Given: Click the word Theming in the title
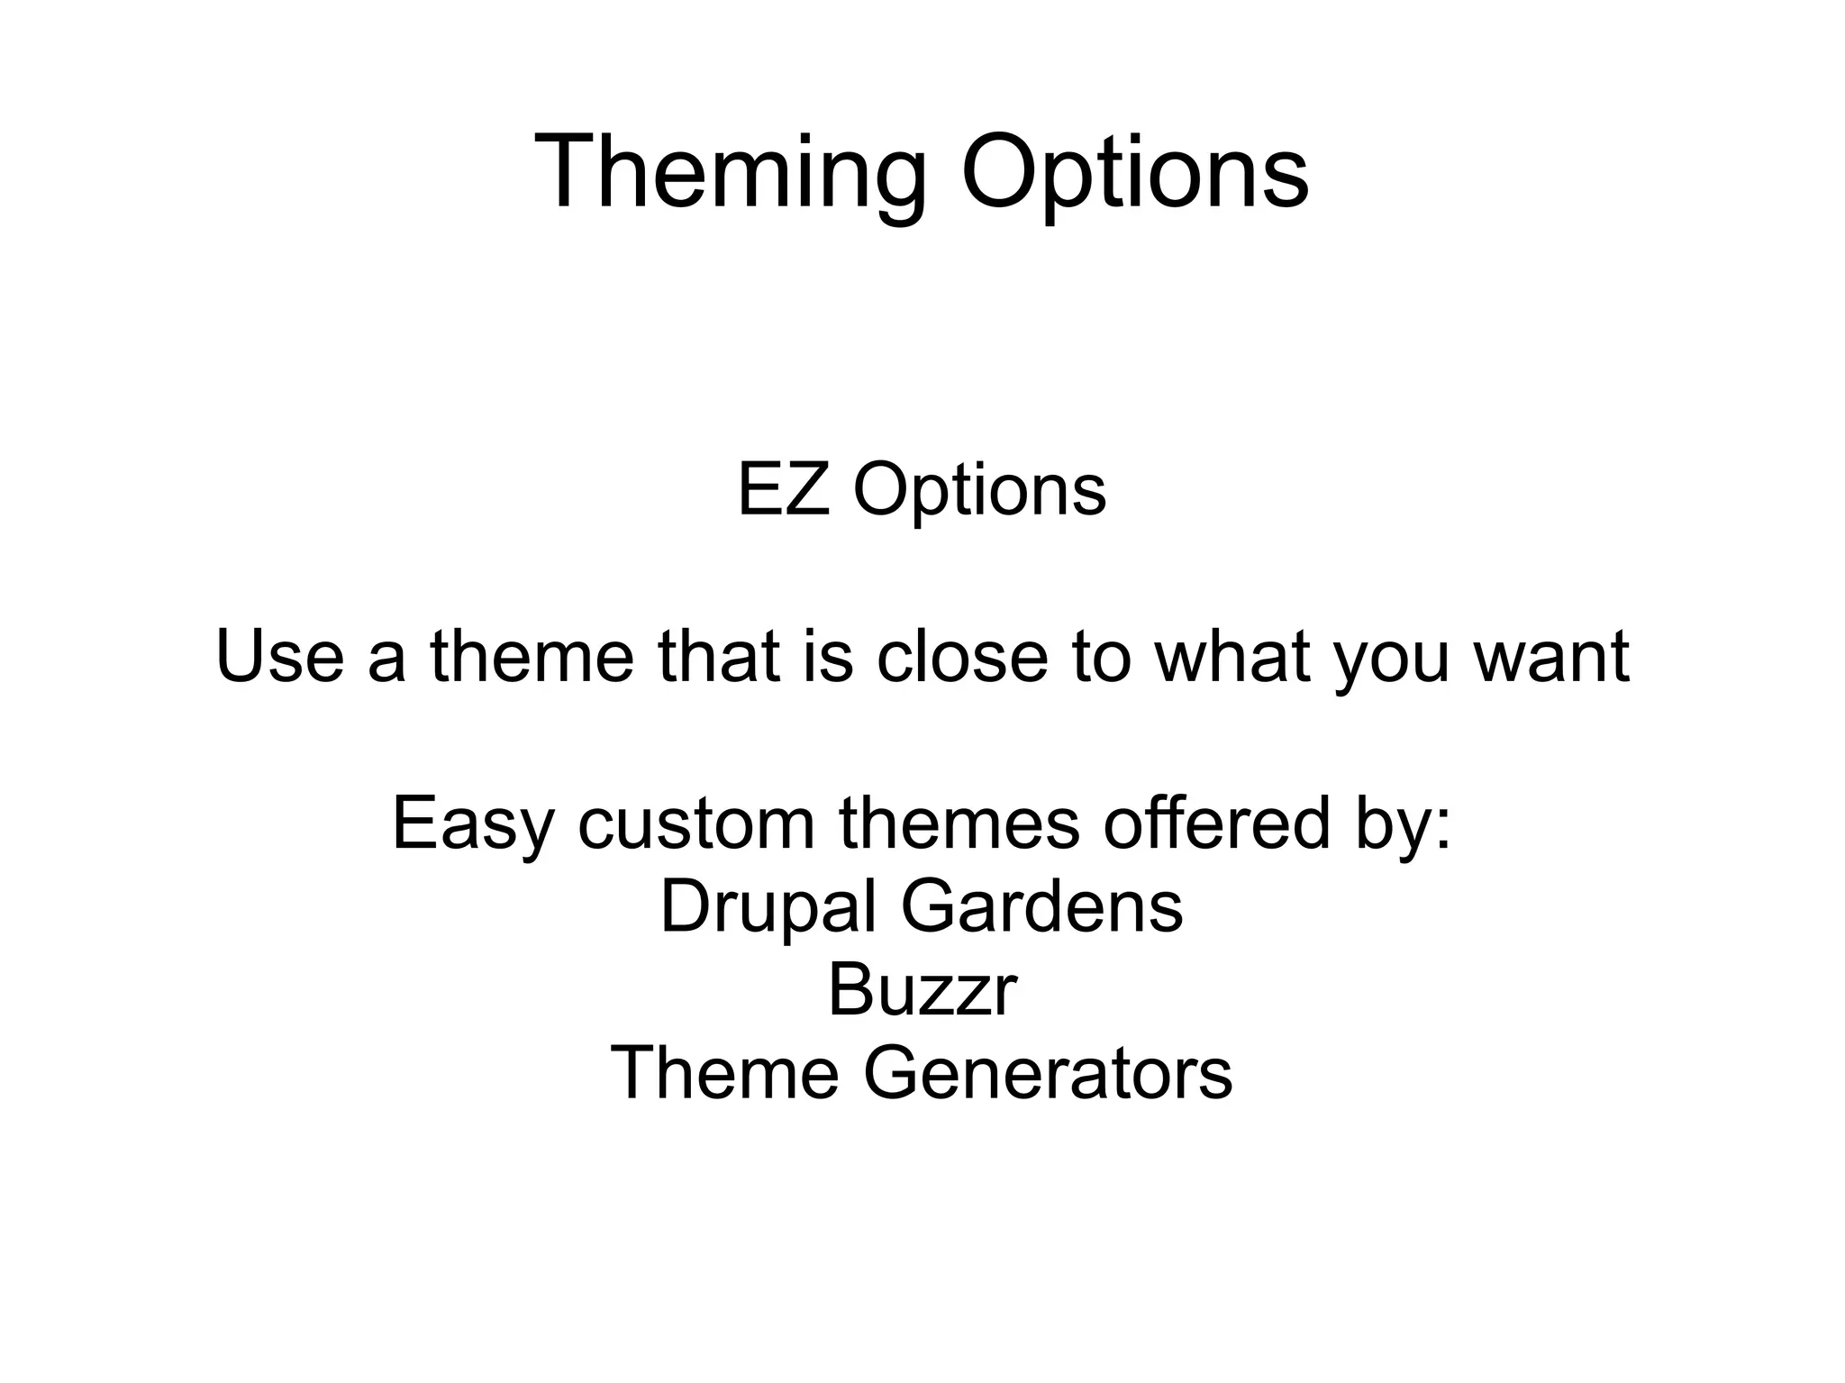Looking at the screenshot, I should coord(731,172).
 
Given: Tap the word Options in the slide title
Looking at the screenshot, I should coord(1134,172).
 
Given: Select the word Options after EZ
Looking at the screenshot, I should coord(979,492).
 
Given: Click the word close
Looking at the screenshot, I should coord(961,656).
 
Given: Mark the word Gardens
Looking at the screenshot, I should coord(1042,906).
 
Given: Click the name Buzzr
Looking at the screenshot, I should coord(922,990).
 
